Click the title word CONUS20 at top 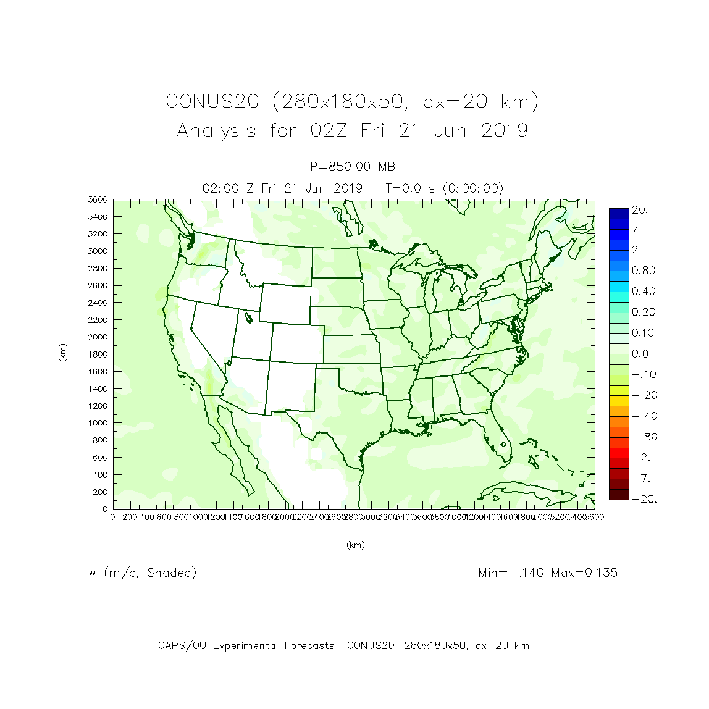click(212, 101)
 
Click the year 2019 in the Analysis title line click(504, 131)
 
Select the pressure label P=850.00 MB click(353, 167)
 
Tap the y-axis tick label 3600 click(98, 199)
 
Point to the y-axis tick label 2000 click(98, 337)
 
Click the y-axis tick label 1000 click(98, 423)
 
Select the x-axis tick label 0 click(112, 517)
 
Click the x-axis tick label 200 click(130, 517)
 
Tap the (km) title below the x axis click(355, 545)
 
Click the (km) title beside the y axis click(62, 353)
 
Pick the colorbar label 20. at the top click(640, 210)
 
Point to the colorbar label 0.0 click(640, 354)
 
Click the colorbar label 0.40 click(643, 292)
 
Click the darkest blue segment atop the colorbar click(619, 214)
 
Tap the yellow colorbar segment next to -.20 click(619, 395)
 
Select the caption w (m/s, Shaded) click(143, 573)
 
